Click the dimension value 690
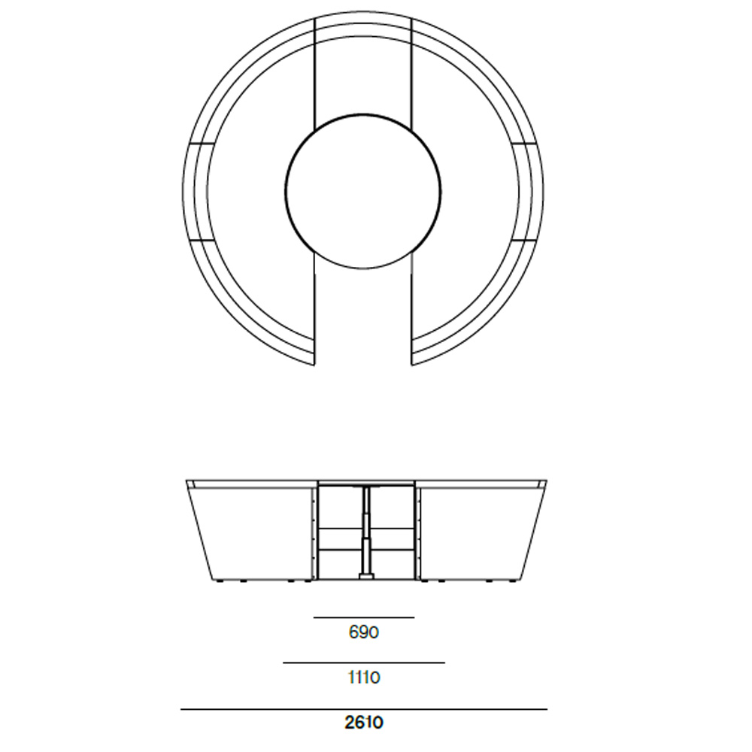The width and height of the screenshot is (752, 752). [364, 632]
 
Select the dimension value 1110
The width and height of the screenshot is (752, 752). [364, 678]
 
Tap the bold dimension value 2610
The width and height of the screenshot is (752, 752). [364, 723]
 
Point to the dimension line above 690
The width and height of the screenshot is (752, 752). [364, 617]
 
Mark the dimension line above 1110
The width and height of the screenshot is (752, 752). [364, 663]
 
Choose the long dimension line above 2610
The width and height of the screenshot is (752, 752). [364, 709]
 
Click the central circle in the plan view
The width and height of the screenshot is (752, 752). [363, 191]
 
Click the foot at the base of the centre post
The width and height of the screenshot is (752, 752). [366, 577]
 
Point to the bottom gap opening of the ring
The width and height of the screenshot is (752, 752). [363, 331]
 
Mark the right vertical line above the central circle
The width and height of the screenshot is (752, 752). [412, 75]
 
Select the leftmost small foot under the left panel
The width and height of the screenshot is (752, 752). [218, 581]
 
